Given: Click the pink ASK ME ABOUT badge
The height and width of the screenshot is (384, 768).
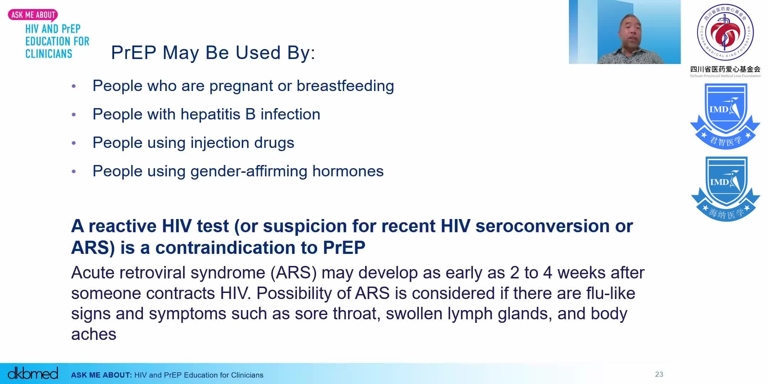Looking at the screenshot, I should (33, 15).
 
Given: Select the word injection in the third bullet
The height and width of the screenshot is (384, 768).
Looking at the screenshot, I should (220, 143).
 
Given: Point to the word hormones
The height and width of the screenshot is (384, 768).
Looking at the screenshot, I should (348, 171).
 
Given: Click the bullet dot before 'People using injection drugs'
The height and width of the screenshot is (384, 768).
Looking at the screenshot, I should (74, 143).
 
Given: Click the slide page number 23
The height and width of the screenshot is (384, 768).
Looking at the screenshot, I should (659, 374).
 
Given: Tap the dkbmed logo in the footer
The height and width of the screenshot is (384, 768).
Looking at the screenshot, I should (33, 373).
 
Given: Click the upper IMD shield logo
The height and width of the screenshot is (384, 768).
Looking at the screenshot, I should (725, 116).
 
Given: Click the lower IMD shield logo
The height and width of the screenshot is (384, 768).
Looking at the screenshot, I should (725, 188).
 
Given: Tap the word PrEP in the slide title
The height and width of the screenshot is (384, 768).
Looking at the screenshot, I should (134, 53).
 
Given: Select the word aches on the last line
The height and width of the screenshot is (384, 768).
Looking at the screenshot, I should (94, 334).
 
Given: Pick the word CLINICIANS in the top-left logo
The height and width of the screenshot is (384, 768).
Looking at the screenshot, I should (49, 54).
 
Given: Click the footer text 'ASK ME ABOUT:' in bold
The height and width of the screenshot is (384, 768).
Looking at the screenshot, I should (101, 375).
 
